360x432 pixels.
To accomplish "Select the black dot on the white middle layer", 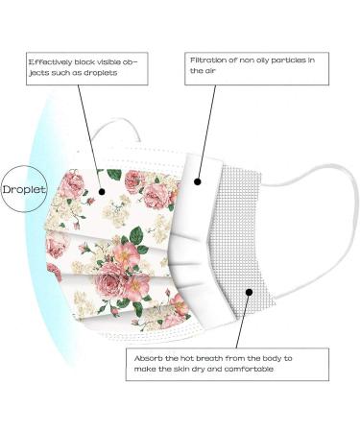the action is (x=198, y=180).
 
